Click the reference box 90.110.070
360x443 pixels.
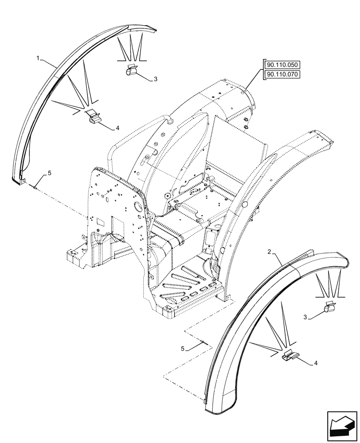[282, 74]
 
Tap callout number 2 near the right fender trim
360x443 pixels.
[269, 252]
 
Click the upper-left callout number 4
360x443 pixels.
[117, 128]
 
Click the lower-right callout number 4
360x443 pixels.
[315, 363]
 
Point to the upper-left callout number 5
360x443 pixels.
[50, 173]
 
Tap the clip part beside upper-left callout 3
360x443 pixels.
[132, 70]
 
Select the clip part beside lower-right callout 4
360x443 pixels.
[291, 354]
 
